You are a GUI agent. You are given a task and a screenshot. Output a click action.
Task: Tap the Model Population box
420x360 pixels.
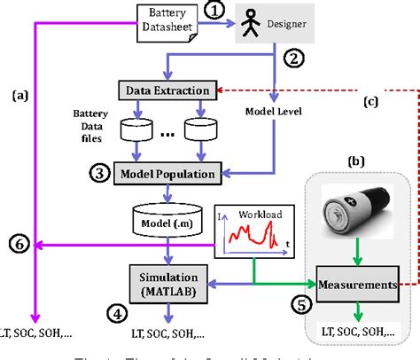[167, 174]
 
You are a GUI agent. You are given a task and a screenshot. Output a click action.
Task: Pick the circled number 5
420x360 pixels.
[303, 306]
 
